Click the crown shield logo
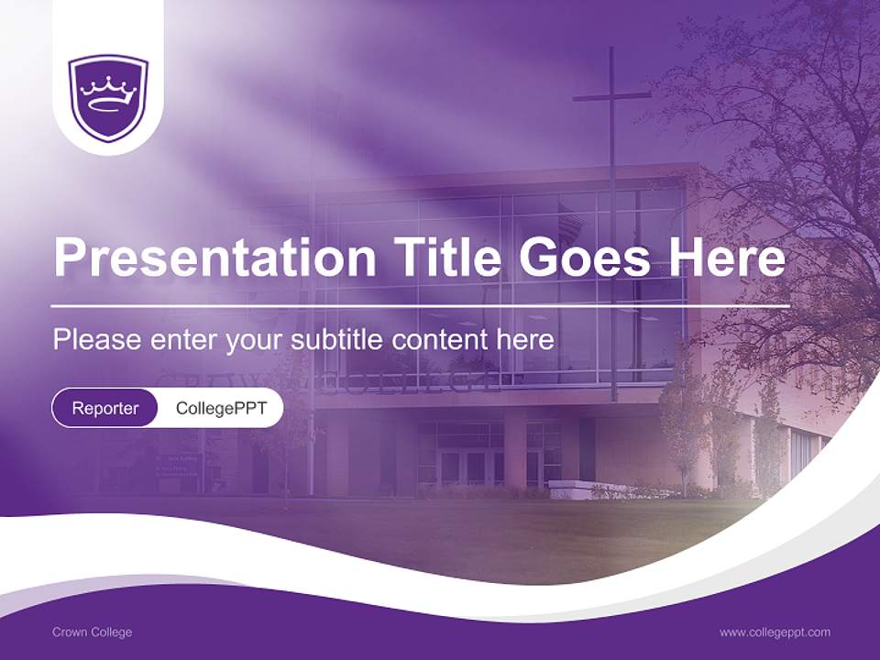pos(108,97)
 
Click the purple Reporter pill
pos(104,408)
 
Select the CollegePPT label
pos(221,408)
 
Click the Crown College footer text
pos(92,632)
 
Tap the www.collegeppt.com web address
pos(775,632)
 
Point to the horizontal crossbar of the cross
pos(611,94)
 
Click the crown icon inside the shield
pos(108,90)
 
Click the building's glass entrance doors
pos(463,467)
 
